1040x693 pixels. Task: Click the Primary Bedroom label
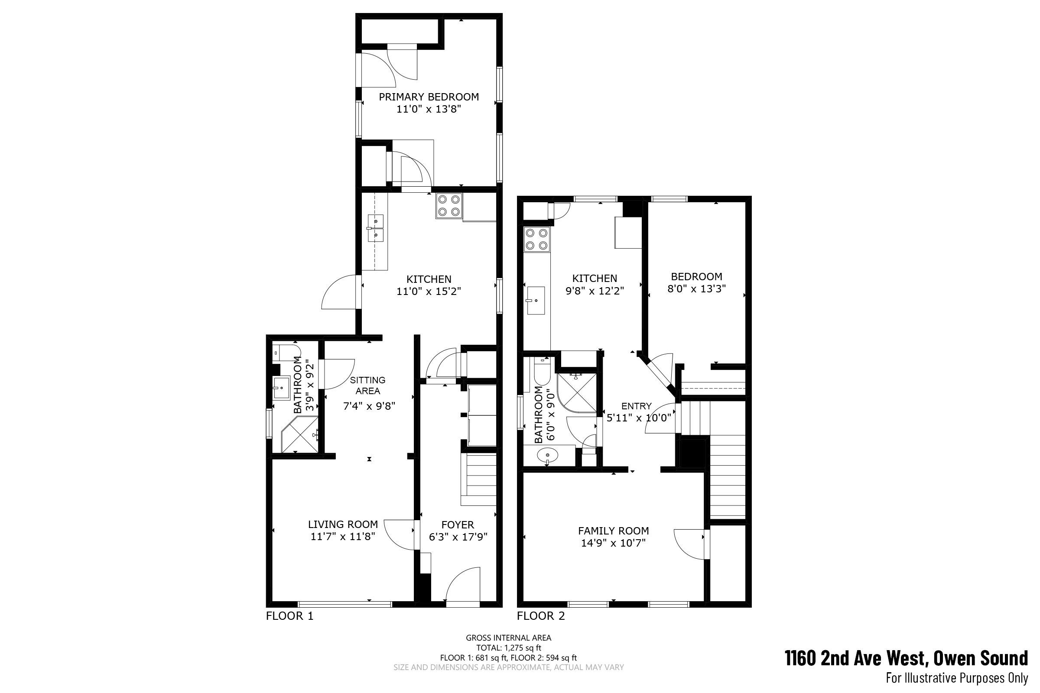click(x=429, y=97)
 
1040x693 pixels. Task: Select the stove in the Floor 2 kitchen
click(x=537, y=239)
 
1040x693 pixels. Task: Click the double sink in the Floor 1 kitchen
click(x=375, y=228)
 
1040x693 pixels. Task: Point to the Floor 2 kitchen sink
click(x=536, y=301)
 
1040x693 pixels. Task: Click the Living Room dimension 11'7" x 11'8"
click(x=343, y=537)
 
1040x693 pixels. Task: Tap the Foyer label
click(x=458, y=525)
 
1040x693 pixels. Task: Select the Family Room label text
click(x=613, y=531)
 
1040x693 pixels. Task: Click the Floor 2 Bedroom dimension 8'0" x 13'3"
click(x=696, y=289)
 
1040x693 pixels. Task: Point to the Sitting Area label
click(x=368, y=385)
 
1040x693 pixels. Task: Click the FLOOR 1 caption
click(x=289, y=616)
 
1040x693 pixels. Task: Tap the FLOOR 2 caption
click(x=541, y=616)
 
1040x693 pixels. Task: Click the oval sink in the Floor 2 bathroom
click(x=547, y=455)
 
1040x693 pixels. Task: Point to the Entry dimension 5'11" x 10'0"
click(x=638, y=417)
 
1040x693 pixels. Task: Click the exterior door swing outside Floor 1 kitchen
click(x=339, y=291)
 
